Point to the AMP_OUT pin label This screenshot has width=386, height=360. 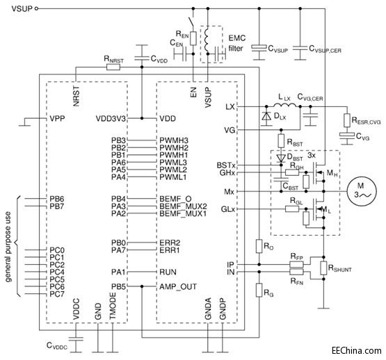177,286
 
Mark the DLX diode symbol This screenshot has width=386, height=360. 266,116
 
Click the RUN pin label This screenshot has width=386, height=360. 169,271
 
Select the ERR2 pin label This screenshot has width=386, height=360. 171,243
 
